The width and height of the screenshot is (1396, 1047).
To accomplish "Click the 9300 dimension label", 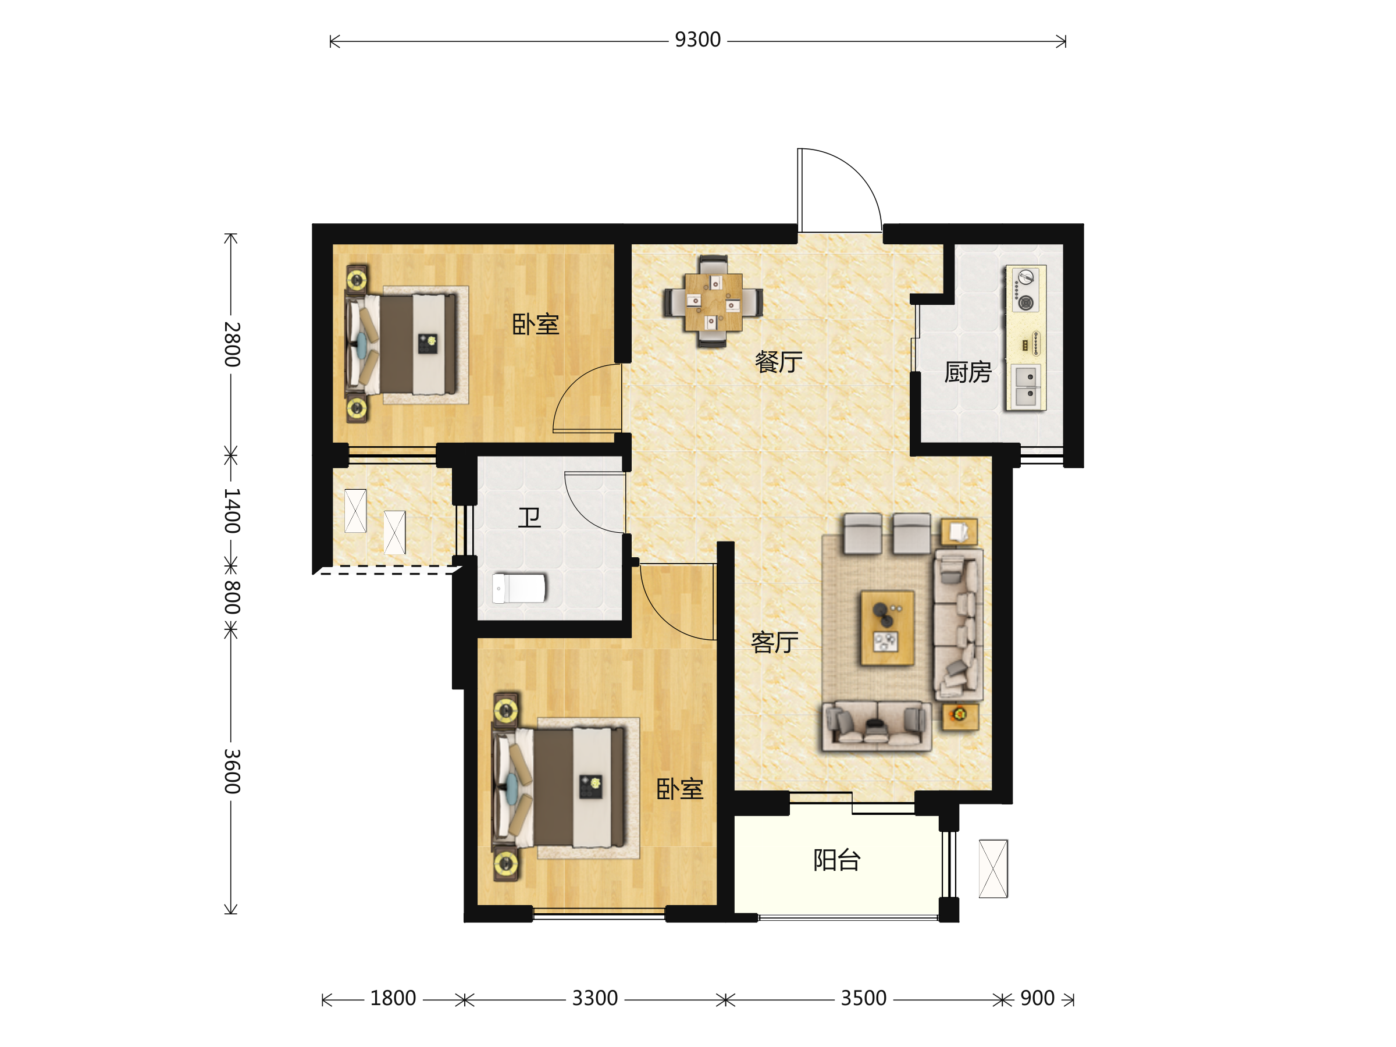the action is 697,40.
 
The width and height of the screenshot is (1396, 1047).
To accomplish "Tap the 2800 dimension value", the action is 232,344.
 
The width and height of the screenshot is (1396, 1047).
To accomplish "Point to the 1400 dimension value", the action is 232,510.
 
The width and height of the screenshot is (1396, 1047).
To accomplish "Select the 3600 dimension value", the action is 232,771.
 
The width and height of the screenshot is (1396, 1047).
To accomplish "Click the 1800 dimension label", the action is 393,998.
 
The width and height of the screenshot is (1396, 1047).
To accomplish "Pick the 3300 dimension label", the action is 594,998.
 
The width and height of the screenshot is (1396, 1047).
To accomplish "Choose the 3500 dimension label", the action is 863,998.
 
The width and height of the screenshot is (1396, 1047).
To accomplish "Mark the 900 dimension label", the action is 1037,998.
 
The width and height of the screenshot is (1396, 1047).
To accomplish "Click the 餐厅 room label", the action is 778,362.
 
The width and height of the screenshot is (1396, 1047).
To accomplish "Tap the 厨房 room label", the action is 967,372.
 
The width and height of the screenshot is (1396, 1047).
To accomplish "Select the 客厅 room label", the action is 774,643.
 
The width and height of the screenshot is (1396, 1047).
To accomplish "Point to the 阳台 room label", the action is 837,860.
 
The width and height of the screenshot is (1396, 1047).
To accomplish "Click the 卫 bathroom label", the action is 529,518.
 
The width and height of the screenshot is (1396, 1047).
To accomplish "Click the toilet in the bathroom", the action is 519,588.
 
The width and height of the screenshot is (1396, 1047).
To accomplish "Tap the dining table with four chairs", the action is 713,302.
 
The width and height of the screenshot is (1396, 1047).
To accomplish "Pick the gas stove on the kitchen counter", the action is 1025,290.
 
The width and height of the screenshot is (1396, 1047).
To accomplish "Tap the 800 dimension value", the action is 232,597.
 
